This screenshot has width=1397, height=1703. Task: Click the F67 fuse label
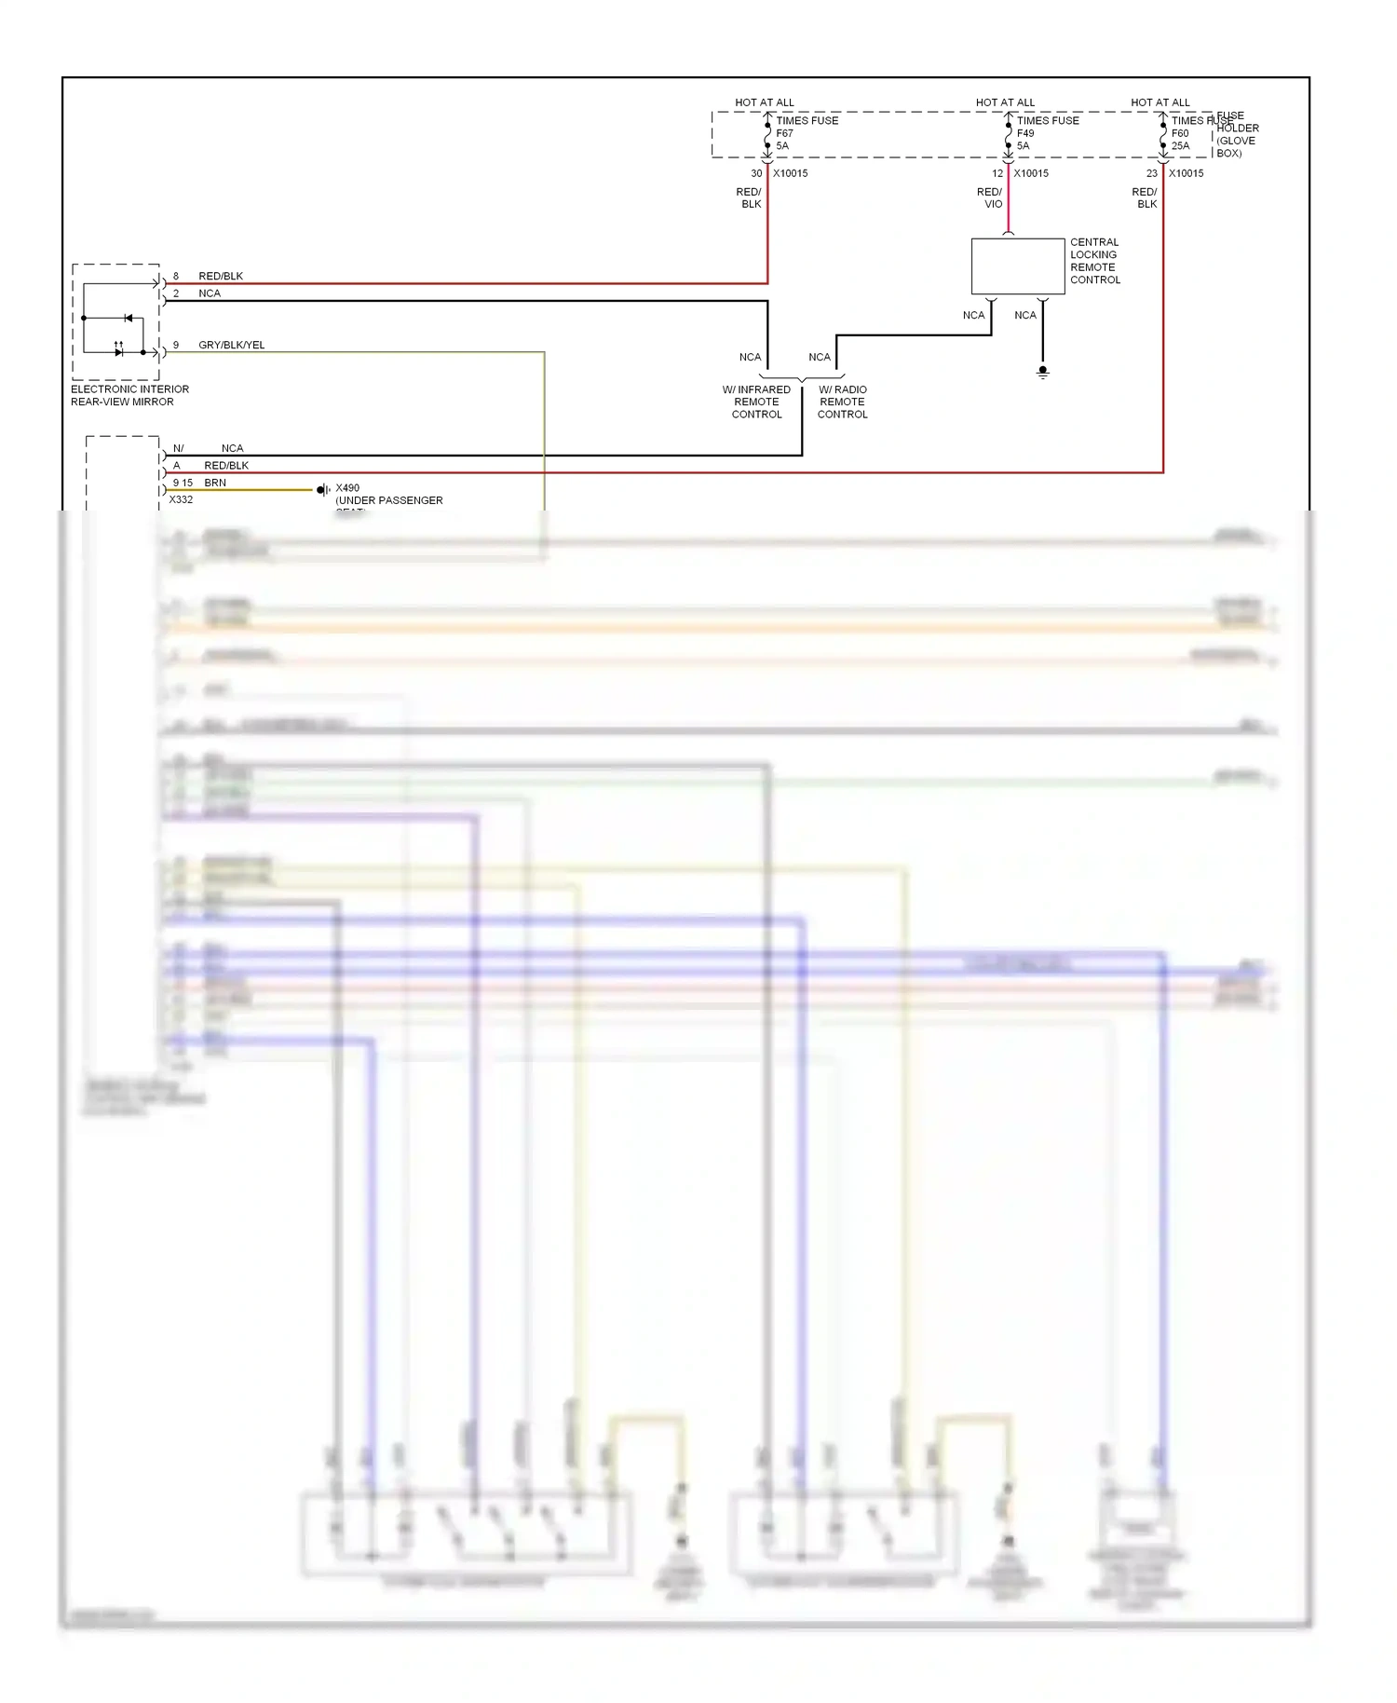(785, 133)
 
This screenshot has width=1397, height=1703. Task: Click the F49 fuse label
(1025, 133)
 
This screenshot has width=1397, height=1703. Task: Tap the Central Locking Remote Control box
(1017, 266)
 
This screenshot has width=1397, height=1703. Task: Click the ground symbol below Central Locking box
(1042, 372)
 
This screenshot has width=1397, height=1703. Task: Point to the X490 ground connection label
(347, 488)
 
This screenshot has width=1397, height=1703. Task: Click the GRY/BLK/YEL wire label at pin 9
(231, 345)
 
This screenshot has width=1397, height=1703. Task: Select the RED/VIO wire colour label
(990, 198)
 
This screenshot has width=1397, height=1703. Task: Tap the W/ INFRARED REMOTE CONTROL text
(756, 402)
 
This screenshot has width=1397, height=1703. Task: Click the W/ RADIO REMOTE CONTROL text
(842, 402)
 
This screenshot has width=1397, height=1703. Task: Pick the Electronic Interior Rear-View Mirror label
(129, 395)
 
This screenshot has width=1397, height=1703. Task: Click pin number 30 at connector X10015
(756, 173)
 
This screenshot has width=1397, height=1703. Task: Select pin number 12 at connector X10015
(997, 173)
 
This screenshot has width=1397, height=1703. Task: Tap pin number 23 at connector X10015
(1152, 173)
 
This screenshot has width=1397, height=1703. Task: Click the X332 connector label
(181, 499)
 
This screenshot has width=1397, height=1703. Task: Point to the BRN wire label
(215, 483)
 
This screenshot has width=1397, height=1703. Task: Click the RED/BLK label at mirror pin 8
(221, 276)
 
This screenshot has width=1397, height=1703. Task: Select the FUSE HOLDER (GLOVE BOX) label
(1237, 135)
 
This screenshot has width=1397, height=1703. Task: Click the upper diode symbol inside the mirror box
(128, 319)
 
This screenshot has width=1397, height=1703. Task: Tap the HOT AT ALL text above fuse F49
(1005, 102)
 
